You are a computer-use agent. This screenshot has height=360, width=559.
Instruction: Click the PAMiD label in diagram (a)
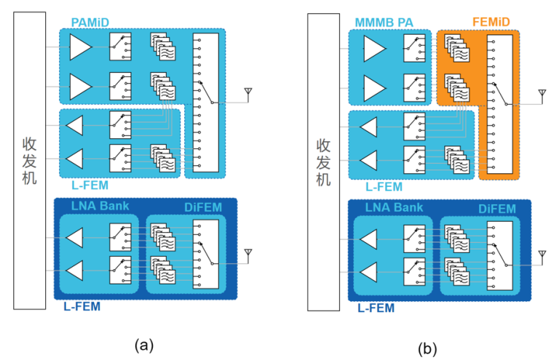(90, 23)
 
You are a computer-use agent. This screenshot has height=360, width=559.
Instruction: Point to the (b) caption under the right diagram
(428, 348)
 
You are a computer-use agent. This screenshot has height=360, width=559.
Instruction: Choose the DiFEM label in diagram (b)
(497, 209)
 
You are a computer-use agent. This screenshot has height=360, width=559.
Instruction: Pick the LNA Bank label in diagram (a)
(100, 206)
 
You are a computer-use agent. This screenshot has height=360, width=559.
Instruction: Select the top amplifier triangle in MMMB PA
(374, 49)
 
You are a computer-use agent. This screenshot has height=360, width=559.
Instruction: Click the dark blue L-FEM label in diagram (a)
(81, 306)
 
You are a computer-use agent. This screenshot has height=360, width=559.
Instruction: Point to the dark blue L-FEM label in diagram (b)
(376, 308)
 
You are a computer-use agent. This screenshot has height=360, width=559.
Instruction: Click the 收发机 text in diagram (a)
(30, 159)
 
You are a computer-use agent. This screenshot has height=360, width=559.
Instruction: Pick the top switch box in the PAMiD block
(120, 48)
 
